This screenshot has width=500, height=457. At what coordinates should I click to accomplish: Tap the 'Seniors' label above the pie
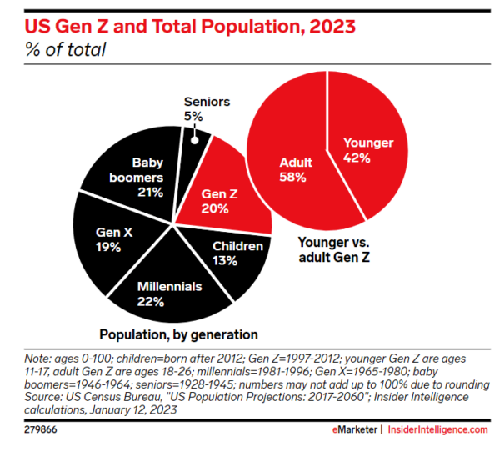(x=206, y=102)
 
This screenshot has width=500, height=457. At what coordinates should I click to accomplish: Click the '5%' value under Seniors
(x=193, y=117)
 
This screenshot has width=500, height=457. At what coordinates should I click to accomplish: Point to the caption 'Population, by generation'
(x=178, y=335)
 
